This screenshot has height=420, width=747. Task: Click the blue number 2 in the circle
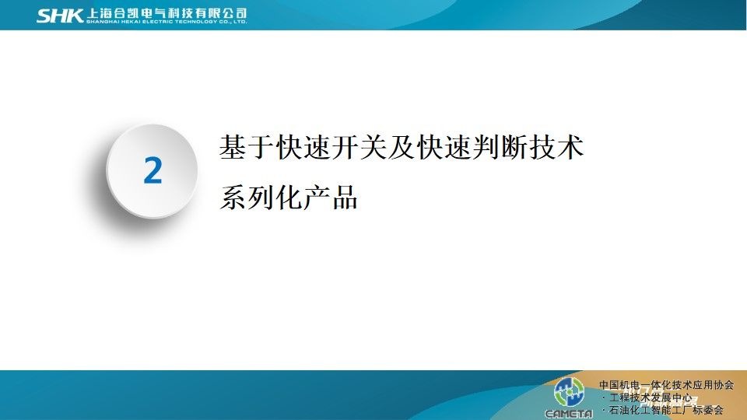click(153, 170)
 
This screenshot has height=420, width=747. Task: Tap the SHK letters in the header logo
click(60, 16)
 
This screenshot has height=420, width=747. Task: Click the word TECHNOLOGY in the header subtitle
click(197, 22)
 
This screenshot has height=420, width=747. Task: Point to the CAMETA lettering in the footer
click(569, 413)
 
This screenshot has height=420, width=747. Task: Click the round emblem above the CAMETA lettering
click(569, 391)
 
